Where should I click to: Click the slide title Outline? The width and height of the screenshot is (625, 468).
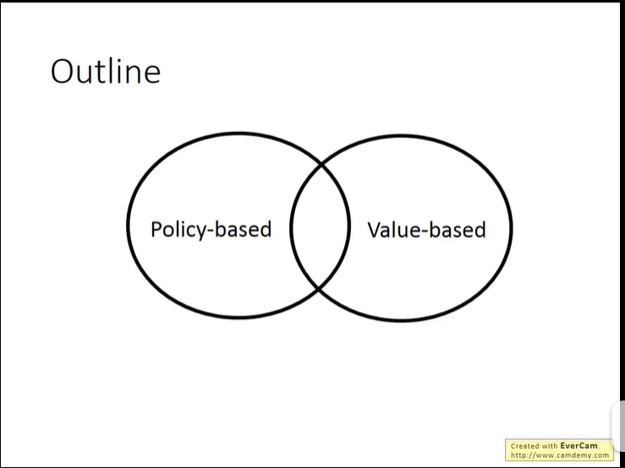(105, 71)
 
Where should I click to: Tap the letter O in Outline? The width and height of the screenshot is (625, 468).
(63, 71)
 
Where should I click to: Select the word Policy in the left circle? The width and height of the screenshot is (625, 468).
(178, 229)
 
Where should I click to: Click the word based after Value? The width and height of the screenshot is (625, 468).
(458, 229)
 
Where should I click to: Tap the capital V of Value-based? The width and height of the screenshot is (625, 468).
(375, 229)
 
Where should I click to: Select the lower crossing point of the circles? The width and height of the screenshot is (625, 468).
(319, 289)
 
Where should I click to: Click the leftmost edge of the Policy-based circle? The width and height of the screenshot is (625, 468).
(128, 225)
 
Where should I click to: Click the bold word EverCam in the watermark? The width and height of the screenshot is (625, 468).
(578, 446)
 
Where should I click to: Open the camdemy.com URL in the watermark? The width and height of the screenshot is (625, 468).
(559, 455)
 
